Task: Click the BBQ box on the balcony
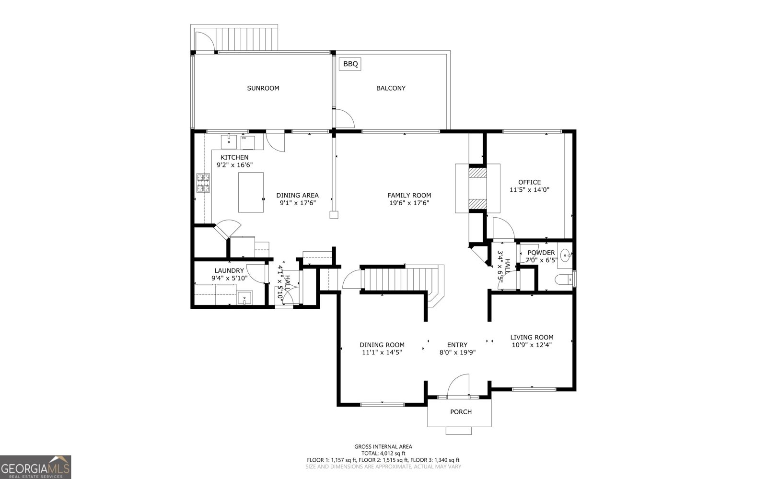pos(350,64)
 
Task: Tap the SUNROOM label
pos(263,88)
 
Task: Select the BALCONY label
pos(391,88)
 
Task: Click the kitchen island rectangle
pos(251,192)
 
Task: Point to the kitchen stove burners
pos(203,183)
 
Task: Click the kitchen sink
pos(229,142)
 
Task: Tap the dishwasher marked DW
pos(247,142)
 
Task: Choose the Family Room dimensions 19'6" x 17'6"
pos(409,203)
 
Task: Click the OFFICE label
pos(529,182)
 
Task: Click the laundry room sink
pos(245,298)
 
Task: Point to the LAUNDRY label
pos(229,271)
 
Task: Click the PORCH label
pos(461,412)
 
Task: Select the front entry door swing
pos(458,385)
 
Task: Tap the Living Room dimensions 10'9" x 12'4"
pos(532,345)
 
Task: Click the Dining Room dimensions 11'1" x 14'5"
pos(382,352)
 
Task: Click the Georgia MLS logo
pos(35,467)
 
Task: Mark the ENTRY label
pos(457,345)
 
